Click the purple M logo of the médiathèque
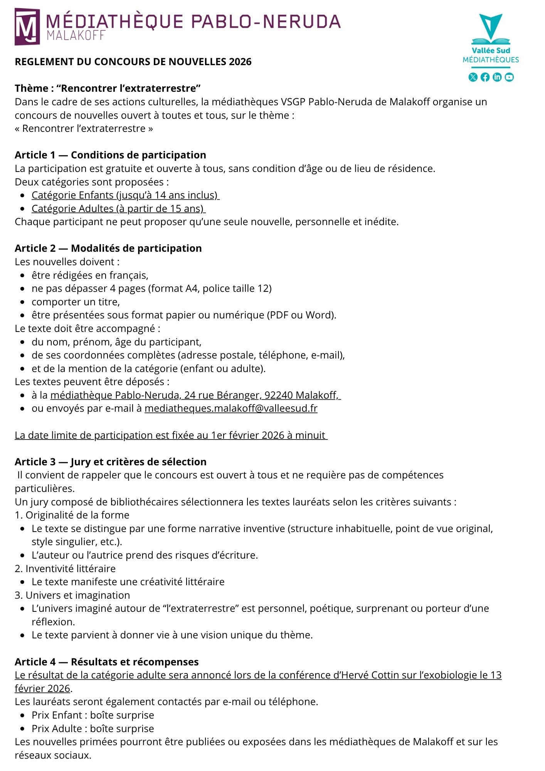[x=27, y=27]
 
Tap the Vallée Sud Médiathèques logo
[x=491, y=39]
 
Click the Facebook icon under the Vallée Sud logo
[x=485, y=77]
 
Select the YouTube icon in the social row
[x=509, y=77]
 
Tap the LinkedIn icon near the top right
[x=497, y=77]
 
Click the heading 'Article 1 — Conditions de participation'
[x=110, y=155]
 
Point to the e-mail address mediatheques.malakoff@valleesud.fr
[x=231, y=408]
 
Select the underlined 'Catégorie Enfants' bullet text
[x=125, y=195]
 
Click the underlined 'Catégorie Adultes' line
[x=118, y=209]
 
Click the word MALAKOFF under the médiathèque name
[x=76, y=35]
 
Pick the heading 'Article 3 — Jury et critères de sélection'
[x=111, y=462]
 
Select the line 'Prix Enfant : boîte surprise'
[x=93, y=715]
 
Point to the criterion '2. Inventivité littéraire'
[x=65, y=569]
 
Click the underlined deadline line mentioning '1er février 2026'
[x=171, y=435]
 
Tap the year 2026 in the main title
[x=240, y=62]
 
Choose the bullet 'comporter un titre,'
[x=76, y=302]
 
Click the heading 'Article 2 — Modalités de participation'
[x=108, y=248]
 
